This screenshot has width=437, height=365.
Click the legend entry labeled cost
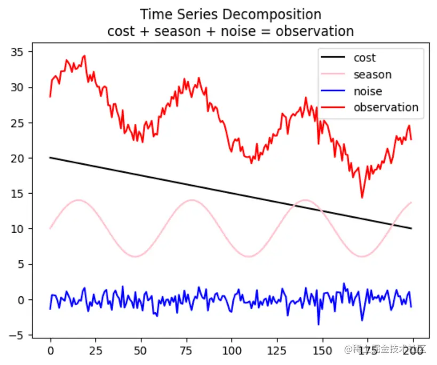point(364,58)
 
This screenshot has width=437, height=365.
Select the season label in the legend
point(372,75)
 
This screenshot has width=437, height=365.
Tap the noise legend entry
point(368,91)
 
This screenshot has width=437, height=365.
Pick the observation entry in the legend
point(386,107)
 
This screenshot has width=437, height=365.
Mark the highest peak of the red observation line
point(84,55)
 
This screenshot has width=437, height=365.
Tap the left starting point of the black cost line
point(50,158)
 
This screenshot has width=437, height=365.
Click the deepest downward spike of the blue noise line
point(319,324)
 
